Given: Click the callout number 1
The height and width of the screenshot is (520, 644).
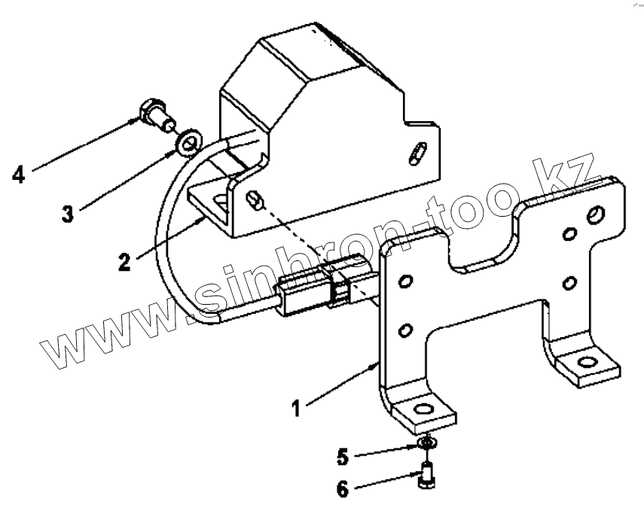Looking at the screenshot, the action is coord(297,408).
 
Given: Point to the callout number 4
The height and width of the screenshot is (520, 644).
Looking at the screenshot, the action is coord(19,175).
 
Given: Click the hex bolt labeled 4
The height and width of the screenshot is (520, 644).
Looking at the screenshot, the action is coord(155,115).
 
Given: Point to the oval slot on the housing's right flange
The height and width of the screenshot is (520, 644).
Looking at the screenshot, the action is coord(415,156).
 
